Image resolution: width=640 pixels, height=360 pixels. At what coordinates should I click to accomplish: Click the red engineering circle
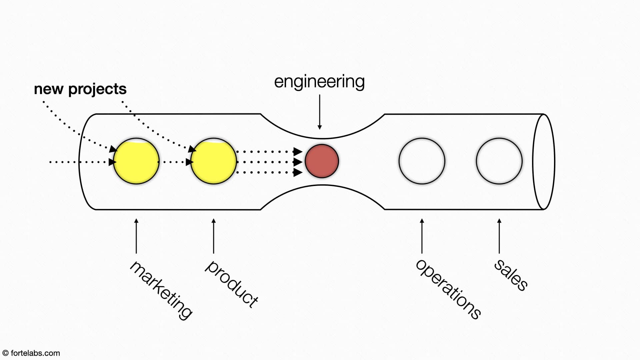[x=322, y=161]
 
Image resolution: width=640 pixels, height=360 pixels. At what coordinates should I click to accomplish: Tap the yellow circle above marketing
[x=136, y=161]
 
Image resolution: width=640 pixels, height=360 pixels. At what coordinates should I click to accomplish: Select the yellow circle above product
[x=213, y=161]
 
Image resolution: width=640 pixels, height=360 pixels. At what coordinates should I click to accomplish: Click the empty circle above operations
[x=422, y=161]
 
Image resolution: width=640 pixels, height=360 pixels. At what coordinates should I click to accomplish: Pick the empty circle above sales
[x=499, y=161]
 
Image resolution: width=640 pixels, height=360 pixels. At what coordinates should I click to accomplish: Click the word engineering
[x=319, y=82]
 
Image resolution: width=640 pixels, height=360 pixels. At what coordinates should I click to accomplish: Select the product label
[x=231, y=283]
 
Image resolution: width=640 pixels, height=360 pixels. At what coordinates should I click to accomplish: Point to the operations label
[x=448, y=289]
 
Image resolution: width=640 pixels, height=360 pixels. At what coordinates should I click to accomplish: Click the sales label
[x=510, y=275]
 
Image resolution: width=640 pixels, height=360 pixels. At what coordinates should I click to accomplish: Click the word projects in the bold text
[x=97, y=89]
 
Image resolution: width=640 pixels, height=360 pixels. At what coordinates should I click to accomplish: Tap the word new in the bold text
[x=49, y=89]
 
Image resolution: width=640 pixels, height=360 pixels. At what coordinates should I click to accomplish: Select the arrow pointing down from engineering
[x=320, y=112]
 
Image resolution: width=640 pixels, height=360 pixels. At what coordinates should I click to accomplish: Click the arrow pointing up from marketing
[x=136, y=236]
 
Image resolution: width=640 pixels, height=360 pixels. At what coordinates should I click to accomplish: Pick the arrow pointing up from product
[x=213, y=236]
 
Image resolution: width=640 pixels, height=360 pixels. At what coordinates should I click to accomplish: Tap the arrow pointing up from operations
[x=422, y=236]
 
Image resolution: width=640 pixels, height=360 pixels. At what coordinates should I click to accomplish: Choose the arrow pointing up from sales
[x=499, y=236]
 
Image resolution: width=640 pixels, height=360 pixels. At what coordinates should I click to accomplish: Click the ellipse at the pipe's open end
[x=544, y=162]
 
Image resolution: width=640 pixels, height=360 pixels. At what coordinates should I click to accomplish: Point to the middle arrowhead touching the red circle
[x=298, y=162]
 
